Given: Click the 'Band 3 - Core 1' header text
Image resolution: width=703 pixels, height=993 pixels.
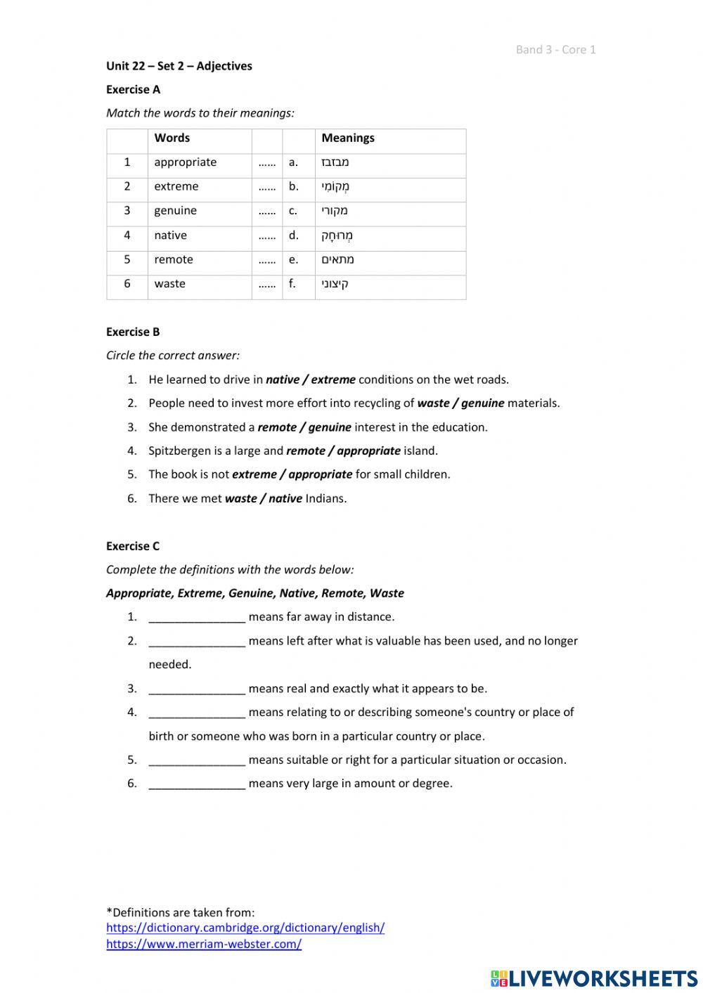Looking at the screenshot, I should [x=555, y=49].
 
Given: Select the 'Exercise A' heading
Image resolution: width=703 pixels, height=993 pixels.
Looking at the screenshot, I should [x=133, y=89].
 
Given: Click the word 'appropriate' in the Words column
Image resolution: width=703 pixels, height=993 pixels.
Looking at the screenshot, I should [x=185, y=162].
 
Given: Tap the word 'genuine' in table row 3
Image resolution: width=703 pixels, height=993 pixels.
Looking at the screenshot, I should [x=175, y=211].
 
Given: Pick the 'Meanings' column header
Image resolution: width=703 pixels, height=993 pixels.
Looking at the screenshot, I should [x=347, y=138].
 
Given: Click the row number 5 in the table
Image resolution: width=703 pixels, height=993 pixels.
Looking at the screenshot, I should [x=127, y=259].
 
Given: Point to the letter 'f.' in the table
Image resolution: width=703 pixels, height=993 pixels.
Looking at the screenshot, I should [x=292, y=284].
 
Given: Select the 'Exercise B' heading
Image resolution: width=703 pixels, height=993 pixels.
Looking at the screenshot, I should [x=133, y=332].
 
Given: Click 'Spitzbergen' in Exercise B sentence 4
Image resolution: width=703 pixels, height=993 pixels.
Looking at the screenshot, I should [x=179, y=451].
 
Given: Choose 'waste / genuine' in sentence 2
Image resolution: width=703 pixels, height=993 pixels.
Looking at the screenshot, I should [x=460, y=403].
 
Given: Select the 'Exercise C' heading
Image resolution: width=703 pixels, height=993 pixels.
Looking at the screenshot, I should [x=133, y=546].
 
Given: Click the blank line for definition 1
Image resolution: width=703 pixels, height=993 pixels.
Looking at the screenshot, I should [x=197, y=618].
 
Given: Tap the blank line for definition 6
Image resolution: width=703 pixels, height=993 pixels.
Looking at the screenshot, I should [x=197, y=784].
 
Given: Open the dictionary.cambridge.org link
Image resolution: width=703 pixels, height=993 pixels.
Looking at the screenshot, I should [x=245, y=928].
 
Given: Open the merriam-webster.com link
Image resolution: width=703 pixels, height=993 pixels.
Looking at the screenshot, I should [x=204, y=945].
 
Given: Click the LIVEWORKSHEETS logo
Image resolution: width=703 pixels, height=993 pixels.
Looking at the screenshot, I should [x=594, y=978].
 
